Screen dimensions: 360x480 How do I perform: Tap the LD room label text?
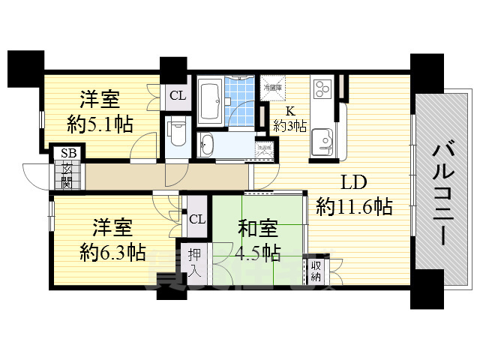(354, 183)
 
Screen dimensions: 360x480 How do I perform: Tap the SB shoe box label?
(68, 152)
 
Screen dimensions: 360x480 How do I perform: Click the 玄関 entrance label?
(68, 174)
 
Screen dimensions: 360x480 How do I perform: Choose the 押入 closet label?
(194, 262)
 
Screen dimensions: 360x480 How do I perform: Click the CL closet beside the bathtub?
(177, 95)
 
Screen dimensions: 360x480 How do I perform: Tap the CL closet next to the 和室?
(196, 219)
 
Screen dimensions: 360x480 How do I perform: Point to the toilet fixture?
(177, 133)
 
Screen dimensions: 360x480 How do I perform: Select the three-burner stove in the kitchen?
(322, 88)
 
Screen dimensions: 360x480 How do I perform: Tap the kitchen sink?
(324, 140)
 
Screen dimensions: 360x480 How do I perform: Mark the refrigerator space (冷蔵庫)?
(272, 87)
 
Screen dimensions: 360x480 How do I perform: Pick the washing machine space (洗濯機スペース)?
(262, 147)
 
